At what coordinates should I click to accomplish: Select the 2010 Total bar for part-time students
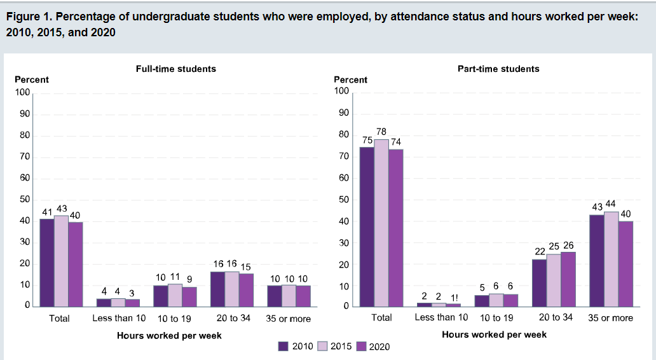coord(366,226)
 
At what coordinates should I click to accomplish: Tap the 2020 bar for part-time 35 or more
coord(625,263)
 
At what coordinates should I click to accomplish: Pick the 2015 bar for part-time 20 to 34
coord(554,280)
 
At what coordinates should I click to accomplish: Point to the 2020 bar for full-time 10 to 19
coord(189,296)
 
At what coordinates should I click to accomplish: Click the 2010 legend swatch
coord(284,346)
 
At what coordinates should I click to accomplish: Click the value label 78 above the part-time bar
coord(381,131)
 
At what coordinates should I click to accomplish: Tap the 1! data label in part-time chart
coord(454,297)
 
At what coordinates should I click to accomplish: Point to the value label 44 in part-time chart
coord(612,204)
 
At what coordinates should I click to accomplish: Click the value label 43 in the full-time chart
coord(61,209)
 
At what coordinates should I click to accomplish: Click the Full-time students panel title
coord(176,69)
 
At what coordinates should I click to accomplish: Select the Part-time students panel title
coord(498,69)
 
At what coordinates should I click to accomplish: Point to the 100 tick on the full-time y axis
coord(23,92)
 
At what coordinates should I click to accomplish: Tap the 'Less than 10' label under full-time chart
coord(119,318)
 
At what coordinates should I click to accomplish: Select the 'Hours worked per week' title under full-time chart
coord(169,335)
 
